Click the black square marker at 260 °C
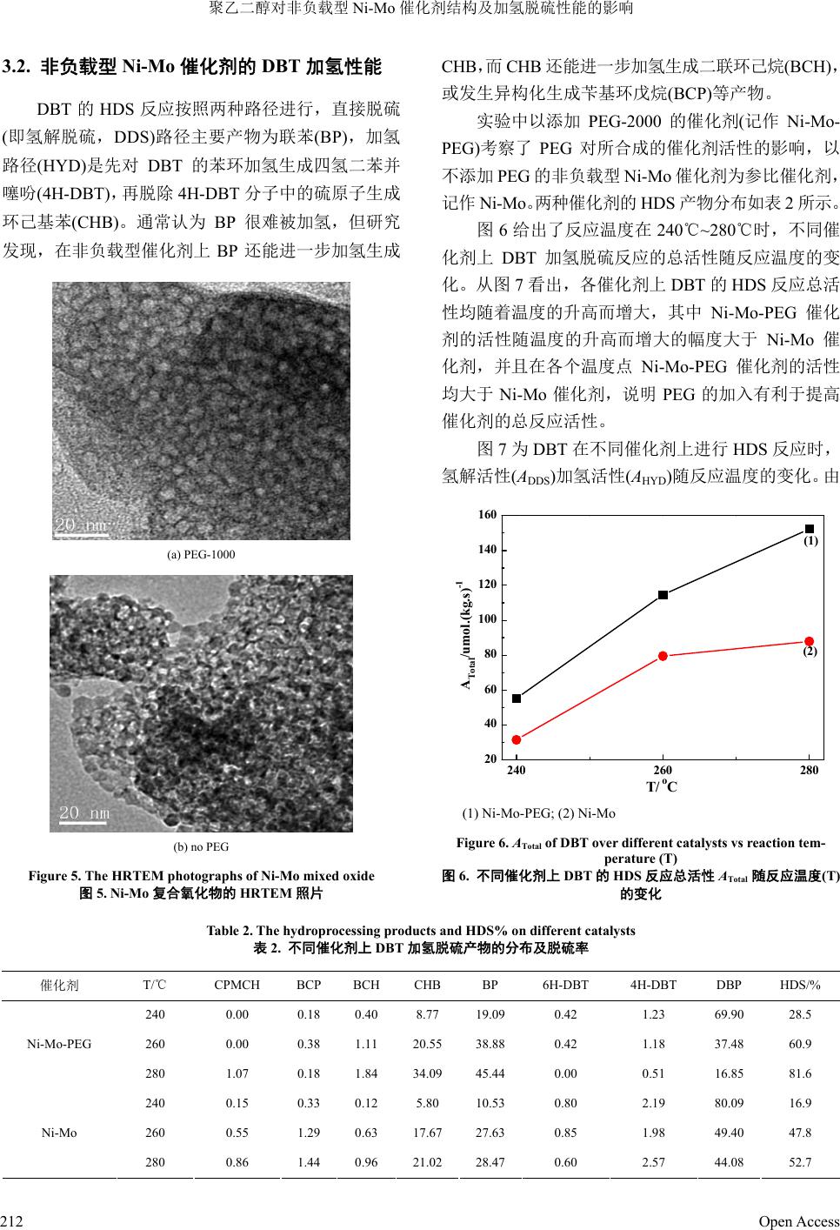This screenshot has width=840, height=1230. [663, 595]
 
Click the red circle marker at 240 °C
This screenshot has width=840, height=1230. [517, 739]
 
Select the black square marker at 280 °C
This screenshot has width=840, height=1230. [810, 529]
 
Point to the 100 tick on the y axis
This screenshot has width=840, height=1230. [487, 619]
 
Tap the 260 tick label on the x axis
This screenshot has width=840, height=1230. [663, 770]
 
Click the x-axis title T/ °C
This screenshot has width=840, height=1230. [662, 786]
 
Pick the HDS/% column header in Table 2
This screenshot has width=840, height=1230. [800, 985]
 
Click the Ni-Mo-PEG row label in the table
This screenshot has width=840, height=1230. [59, 1044]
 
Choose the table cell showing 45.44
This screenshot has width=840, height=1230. [490, 1073]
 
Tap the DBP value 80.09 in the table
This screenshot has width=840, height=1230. [729, 1103]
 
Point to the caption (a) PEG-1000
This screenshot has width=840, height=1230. [200, 554]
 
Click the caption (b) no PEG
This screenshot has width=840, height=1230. [201, 846]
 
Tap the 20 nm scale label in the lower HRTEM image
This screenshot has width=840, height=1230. [84, 813]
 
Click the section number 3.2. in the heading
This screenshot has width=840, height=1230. [18, 65]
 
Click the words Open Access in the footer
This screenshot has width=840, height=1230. [798, 1221]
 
